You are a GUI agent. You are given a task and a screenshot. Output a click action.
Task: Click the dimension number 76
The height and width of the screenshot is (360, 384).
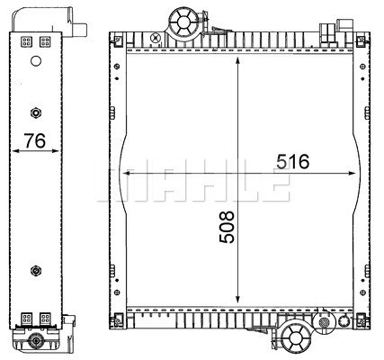(x=35, y=140)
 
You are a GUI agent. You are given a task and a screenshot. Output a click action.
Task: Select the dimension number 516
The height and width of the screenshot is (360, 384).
(x=292, y=162)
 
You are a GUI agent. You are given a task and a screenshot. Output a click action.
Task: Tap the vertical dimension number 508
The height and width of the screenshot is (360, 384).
(x=227, y=227)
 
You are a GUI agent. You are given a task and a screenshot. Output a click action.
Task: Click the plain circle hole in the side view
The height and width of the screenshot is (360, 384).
(x=36, y=61)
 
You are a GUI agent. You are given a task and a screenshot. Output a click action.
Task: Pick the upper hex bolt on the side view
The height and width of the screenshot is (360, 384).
(x=36, y=112)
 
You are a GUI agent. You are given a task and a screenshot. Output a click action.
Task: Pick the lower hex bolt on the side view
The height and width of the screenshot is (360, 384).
(x=36, y=271)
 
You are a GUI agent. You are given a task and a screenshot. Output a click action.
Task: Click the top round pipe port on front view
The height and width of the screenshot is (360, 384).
(x=183, y=22)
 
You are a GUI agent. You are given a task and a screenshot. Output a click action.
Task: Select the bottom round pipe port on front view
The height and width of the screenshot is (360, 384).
(x=295, y=336)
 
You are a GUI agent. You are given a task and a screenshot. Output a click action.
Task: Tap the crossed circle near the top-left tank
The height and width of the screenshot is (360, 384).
(x=156, y=39)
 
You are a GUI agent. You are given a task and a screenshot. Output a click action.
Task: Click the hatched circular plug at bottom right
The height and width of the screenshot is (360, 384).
(x=324, y=322)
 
